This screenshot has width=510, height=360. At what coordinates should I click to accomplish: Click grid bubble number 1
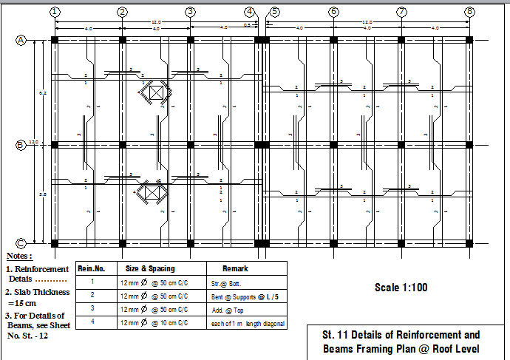[55, 12]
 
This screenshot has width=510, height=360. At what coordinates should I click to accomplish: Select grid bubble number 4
[250, 12]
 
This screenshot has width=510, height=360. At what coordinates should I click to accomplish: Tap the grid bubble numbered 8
[469, 12]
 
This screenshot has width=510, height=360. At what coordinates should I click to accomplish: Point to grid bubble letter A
[21, 41]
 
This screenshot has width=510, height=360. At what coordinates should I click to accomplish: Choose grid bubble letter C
[21, 242]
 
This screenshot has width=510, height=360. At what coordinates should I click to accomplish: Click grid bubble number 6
[333, 12]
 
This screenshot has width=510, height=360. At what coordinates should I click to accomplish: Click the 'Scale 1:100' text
[401, 288]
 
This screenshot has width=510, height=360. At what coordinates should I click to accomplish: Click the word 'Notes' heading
[20, 255]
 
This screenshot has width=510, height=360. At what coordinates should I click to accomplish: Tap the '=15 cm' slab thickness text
[23, 302]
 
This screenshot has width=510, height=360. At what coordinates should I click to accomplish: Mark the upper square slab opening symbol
[156, 92]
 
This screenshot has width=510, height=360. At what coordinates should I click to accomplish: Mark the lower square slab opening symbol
[153, 191]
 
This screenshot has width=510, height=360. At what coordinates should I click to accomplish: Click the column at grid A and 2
[123, 41]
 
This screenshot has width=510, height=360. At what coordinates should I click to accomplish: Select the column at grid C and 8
[469, 242]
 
